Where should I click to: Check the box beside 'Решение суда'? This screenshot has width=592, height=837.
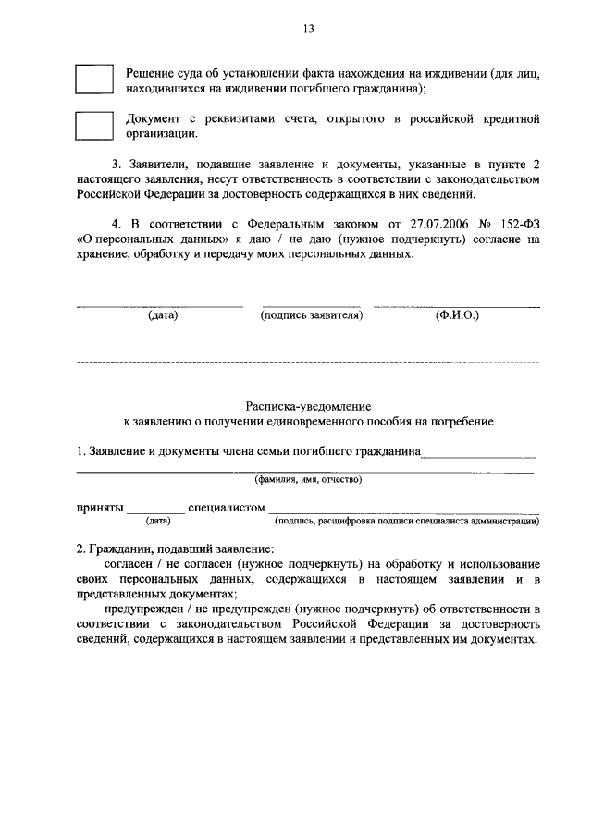coord(92,80)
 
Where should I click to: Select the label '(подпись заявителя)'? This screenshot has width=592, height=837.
coord(312,314)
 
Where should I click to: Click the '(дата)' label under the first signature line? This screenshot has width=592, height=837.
coord(163,314)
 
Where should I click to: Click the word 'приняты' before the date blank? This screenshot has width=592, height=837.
coord(99,508)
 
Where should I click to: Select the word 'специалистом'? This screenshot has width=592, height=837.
coord(226,508)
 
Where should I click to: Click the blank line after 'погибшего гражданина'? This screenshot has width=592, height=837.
coord(479,453)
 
